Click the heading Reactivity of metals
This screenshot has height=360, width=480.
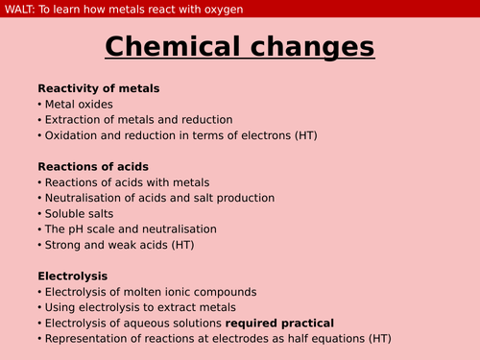(98, 88)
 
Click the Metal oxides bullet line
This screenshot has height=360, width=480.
(78, 104)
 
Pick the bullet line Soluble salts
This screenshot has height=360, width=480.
(83, 213)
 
